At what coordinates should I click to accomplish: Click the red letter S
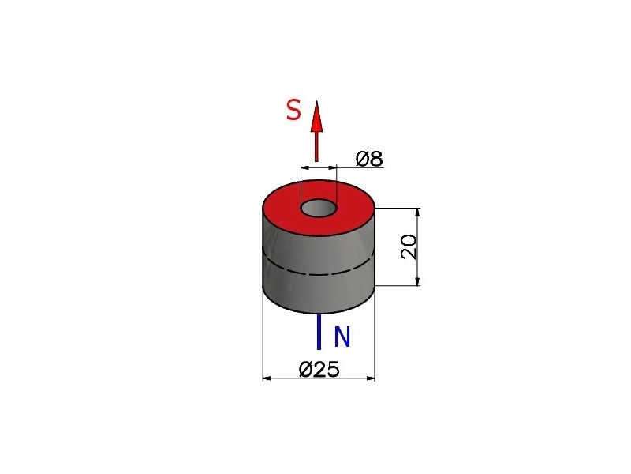coord(293,110)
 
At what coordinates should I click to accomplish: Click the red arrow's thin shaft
coord(316,147)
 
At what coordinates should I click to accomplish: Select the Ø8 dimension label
coord(369,159)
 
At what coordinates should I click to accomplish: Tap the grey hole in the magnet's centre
coord(319,209)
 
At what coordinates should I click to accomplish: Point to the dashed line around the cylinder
coord(319,269)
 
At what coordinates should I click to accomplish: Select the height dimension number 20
coord(409,247)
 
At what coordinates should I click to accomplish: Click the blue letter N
coord(342,337)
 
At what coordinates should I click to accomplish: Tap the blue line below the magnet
coord(319,331)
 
